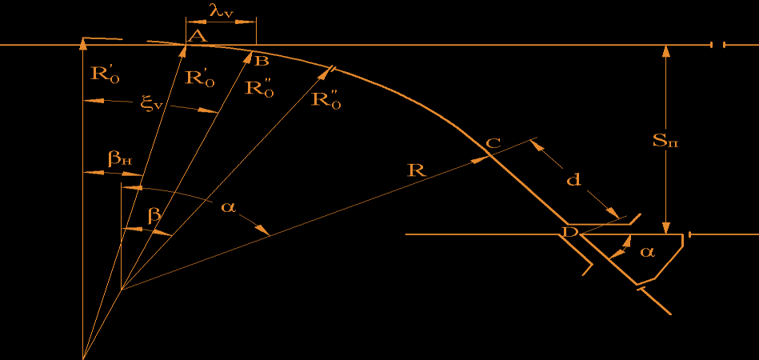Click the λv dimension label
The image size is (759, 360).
click(x=221, y=13)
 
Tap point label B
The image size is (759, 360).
click(x=262, y=61)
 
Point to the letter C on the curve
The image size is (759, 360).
click(x=493, y=143)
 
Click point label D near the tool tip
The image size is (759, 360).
click(x=569, y=232)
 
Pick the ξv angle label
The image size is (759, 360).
click(x=152, y=106)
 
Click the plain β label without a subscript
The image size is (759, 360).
click(x=154, y=215)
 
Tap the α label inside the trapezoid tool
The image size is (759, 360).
click(x=647, y=252)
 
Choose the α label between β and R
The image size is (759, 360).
click(x=227, y=207)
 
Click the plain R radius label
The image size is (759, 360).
click(x=414, y=170)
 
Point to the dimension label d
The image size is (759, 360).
click(x=573, y=181)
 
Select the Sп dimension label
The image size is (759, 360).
click(x=665, y=142)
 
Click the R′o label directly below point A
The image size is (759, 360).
click(x=199, y=78)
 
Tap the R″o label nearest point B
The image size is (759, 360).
click(x=259, y=88)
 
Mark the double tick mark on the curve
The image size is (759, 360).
click(x=332, y=69)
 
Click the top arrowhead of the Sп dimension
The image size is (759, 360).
click(x=666, y=51)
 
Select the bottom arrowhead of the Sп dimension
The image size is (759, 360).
click(x=666, y=227)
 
